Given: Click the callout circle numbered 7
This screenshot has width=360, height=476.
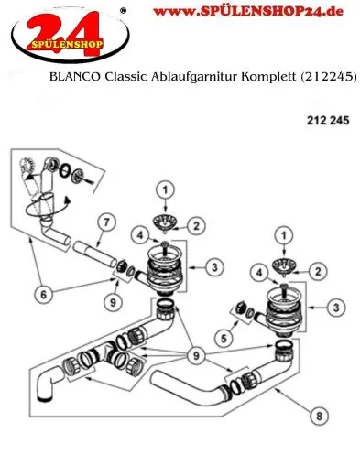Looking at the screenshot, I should tap(106, 223).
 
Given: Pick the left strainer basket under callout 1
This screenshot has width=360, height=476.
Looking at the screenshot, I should tap(167, 220).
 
